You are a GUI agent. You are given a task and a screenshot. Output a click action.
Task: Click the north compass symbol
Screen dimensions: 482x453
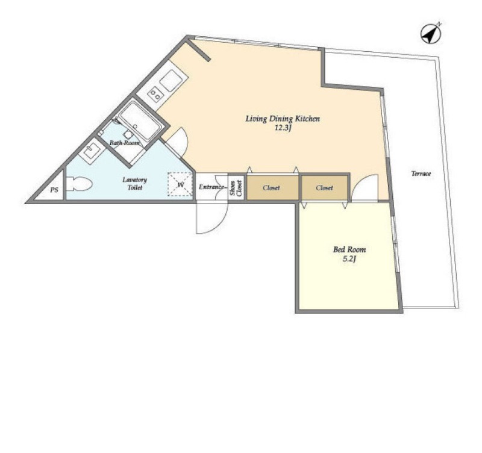pos(431,33)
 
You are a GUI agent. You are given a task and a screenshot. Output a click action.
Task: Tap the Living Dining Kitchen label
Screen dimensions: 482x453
pos(283,119)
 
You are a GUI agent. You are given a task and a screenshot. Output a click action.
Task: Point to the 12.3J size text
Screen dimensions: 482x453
pos(283,128)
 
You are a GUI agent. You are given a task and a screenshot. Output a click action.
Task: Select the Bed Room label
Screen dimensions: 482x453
pos(349,249)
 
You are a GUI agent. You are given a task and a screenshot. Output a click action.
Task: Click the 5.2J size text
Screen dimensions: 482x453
pos(349,259)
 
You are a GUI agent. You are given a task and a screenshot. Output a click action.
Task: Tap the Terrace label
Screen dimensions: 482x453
pos(421,173)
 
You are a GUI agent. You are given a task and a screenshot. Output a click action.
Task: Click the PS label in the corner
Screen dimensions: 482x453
pos(54,190)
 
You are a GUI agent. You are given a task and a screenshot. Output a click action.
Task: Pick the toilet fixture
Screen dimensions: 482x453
pos(79,184)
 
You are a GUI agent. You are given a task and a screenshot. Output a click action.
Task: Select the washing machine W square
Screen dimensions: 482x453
pos(180,184)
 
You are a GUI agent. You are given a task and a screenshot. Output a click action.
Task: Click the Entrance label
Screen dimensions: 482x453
pos(211,187)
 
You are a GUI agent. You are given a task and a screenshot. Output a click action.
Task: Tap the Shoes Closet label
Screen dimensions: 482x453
pos(236,187)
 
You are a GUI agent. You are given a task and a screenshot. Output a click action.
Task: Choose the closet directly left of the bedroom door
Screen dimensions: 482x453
pos(325,187)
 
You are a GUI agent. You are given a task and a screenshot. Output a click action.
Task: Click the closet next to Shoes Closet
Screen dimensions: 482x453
pos(272,187)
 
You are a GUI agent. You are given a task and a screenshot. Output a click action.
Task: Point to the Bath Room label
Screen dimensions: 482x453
pos(125,143)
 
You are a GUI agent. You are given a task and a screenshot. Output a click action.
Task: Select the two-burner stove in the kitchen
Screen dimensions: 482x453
pos(155,93)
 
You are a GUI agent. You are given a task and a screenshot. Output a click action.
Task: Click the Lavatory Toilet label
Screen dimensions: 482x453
pos(134,184)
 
